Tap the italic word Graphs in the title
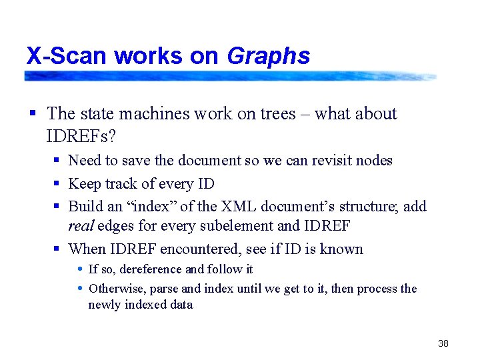268,56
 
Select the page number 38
443,343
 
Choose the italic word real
81,226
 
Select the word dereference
150,269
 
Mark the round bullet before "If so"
80,269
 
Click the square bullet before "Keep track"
58,183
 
